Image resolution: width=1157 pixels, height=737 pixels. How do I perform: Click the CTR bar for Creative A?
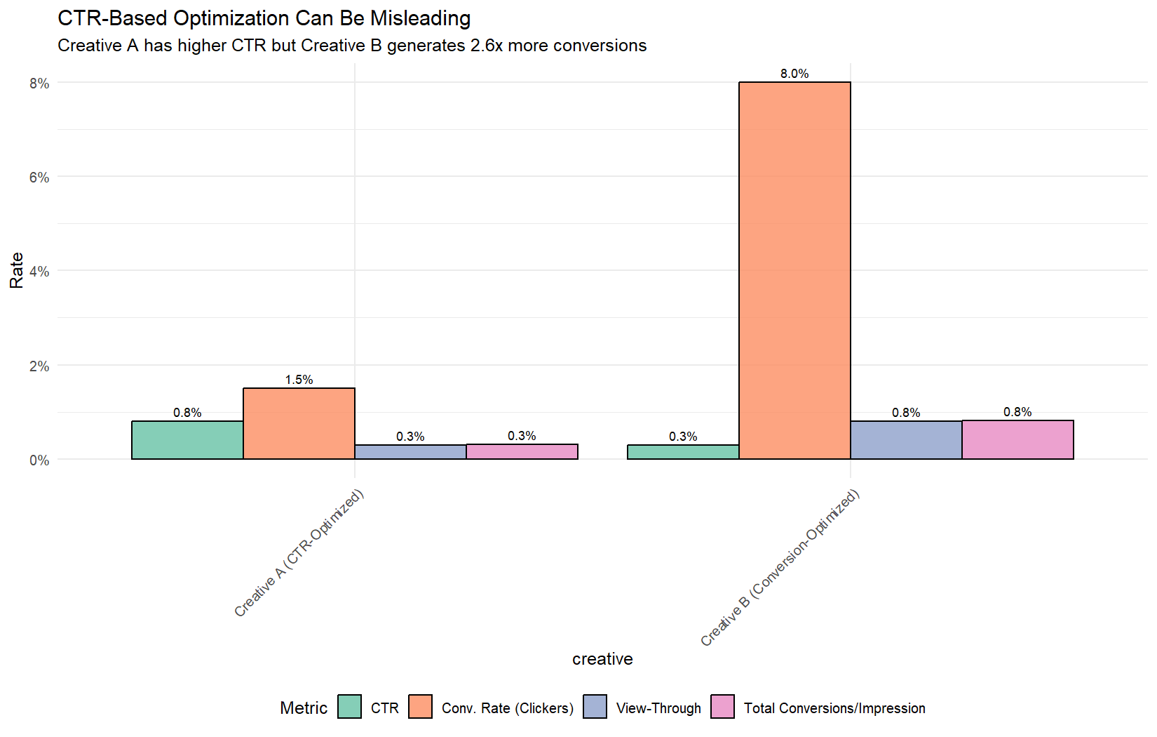tap(187, 440)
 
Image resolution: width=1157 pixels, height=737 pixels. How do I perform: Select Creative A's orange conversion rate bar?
tap(299, 423)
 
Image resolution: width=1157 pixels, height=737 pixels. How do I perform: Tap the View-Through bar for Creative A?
tap(410, 452)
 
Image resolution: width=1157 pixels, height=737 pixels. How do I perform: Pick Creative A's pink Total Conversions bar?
tap(522, 451)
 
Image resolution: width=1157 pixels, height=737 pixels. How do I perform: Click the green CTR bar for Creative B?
tap(683, 452)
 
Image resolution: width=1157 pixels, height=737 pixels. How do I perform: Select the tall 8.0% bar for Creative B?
tap(794, 270)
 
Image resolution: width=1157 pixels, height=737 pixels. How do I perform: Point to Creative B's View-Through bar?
tap(906, 440)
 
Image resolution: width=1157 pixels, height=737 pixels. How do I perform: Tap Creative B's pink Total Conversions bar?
tap(1017, 439)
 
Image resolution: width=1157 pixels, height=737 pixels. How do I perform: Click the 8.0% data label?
tap(794, 74)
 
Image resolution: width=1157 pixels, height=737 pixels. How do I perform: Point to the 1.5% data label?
tap(299, 380)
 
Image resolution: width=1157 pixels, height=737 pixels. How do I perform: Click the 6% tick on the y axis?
tap(39, 178)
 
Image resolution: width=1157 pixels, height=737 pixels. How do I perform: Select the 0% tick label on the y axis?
tap(39, 460)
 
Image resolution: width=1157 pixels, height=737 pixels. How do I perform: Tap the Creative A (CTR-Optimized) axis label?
tap(299, 553)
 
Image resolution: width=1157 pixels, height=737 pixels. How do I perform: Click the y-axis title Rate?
tap(17, 270)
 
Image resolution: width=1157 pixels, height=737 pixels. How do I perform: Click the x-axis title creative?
tap(602, 659)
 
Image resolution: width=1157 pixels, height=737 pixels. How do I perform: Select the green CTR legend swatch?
tap(349, 707)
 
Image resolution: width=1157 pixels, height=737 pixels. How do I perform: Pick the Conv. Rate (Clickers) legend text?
tap(508, 708)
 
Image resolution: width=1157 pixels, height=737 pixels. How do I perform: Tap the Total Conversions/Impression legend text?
tap(834, 708)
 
